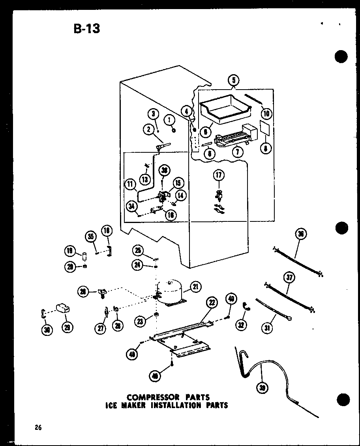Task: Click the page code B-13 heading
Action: [86, 28]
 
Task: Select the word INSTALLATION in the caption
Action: [180, 405]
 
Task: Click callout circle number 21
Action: [195, 287]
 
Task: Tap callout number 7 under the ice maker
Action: [237, 152]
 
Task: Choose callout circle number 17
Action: [218, 175]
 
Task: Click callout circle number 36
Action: [301, 235]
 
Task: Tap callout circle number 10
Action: [266, 114]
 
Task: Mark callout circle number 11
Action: [129, 183]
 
